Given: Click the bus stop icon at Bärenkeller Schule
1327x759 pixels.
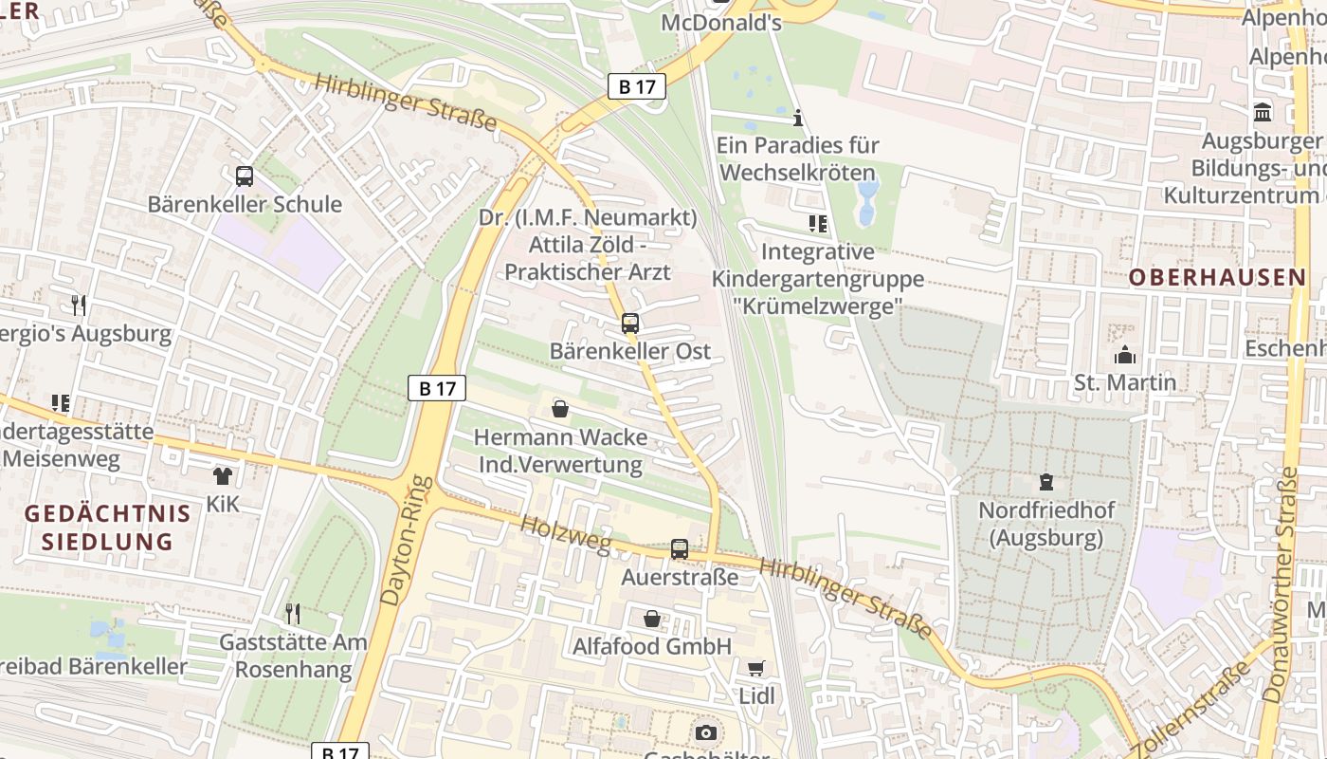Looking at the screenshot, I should point(245,176).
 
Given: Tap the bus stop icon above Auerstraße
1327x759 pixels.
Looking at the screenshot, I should point(680,548).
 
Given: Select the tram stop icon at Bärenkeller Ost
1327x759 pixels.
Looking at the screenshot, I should point(630,323).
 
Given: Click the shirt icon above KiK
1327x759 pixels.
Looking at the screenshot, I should point(223,475).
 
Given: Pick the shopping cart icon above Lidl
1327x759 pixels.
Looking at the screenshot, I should point(756,668).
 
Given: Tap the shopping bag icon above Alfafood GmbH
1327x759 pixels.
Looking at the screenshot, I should point(652,619).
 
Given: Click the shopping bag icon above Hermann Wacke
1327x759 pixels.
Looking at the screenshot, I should point(560,409).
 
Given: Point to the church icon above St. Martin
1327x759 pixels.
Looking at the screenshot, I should point(1125,355).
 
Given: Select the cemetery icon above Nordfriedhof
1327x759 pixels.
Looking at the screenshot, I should point(1046,482).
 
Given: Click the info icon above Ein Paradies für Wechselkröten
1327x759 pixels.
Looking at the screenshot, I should point(798,118).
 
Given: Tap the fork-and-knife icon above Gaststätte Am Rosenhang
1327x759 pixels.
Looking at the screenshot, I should point(293,614).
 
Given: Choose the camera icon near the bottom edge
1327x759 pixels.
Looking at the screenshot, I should point(705,732).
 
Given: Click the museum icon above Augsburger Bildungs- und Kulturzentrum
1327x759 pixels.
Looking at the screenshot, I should point(1263,112).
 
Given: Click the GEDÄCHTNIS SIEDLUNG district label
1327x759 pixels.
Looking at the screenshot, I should point(107,528).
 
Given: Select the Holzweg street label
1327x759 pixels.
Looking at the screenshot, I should point(566,532).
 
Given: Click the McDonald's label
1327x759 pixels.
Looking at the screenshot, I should point(721,22).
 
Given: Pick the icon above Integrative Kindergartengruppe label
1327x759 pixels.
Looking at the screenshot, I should point(818,224).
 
